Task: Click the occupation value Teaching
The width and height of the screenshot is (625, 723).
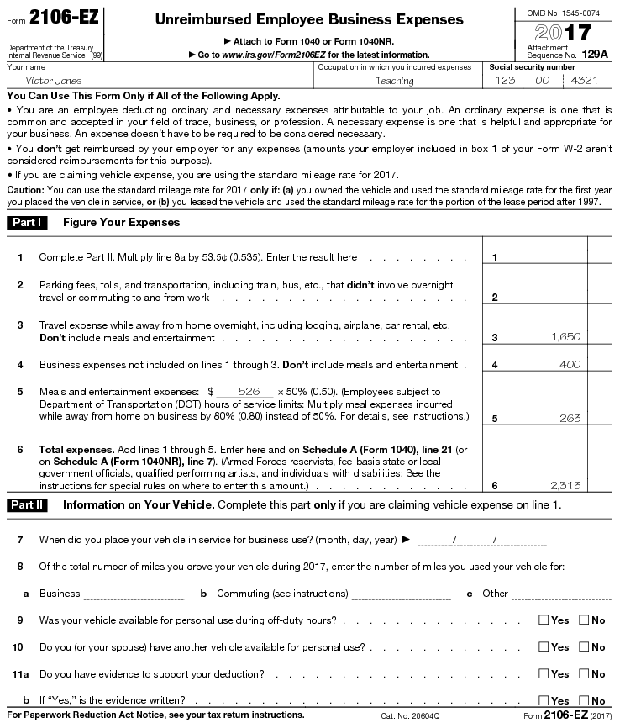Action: pos(395,81)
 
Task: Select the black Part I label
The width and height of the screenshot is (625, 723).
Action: pos(28,223)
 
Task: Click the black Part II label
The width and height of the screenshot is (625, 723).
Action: pos(28,505)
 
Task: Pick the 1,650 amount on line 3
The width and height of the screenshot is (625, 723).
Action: pos(565,336)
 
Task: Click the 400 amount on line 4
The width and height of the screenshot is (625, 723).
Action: pos(570,365)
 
